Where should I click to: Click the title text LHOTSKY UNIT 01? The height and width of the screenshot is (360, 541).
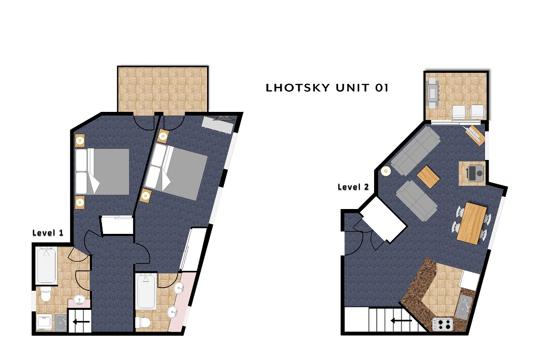(327, 88)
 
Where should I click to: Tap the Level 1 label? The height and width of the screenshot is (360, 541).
(48, 233)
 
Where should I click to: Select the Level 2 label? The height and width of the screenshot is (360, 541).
(353, 187)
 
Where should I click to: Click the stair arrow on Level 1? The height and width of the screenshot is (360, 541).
(81, 321)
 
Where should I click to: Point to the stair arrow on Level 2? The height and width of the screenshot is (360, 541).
(401, 321)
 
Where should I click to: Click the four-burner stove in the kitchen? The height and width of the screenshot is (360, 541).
(443, 324)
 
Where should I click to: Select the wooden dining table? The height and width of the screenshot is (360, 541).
(472, 223)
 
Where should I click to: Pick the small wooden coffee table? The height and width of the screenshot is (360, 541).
(428, 176)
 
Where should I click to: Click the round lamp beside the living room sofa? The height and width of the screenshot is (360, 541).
(385, 170)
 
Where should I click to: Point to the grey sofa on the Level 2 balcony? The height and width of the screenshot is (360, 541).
(432, 92)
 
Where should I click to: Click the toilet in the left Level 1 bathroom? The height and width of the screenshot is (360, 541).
(45, 295)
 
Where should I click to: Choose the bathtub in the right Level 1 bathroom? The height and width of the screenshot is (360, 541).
(147, 291)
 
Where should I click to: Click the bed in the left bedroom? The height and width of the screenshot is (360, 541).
(102, 172)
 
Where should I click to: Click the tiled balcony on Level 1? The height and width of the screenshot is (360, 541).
(163, 89)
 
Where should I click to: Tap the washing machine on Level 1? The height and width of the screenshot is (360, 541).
(45, 322)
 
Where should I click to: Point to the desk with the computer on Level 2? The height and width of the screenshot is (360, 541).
(472, 174)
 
